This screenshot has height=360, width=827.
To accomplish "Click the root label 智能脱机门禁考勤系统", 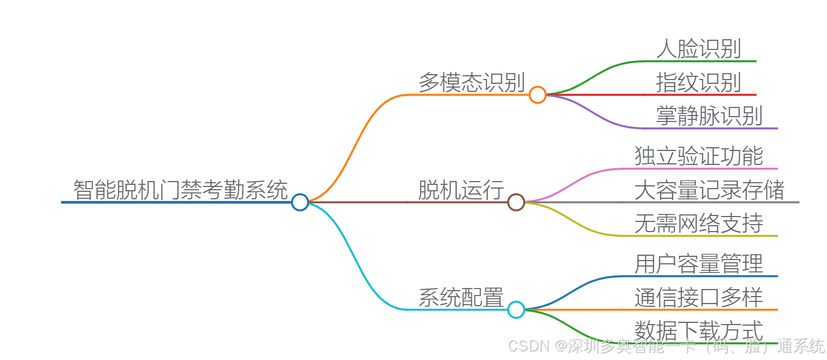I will tap(180, 190).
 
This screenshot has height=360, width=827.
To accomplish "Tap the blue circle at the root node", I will tap(300, 202).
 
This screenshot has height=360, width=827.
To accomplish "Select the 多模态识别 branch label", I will tap(471, 82).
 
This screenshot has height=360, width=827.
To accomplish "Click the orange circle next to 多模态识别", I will tap(537, 95).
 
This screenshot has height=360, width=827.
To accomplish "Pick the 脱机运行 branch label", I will tap(461, 190).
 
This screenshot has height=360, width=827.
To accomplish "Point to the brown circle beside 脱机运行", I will tap(516, 202).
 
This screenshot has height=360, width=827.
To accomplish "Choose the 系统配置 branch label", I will tap(461, 297).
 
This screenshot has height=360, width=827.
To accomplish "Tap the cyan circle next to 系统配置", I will tap(516, 309).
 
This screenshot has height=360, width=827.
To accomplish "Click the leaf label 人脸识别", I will tap(698, 48).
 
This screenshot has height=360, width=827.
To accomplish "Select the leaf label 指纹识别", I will tap(698, 82).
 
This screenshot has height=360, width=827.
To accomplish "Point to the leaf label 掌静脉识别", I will tap(709, 116).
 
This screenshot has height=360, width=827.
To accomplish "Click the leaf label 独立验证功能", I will tap(698, 156).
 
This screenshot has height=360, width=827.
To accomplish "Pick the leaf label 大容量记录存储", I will tap(709, 190).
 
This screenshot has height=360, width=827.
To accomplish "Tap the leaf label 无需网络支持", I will tap(698, 223).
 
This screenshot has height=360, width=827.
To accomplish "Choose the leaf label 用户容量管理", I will tap(698, 264).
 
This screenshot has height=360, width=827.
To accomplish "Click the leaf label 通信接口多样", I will tap(698, 297).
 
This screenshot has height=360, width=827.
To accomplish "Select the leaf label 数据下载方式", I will tap(698, 330).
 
